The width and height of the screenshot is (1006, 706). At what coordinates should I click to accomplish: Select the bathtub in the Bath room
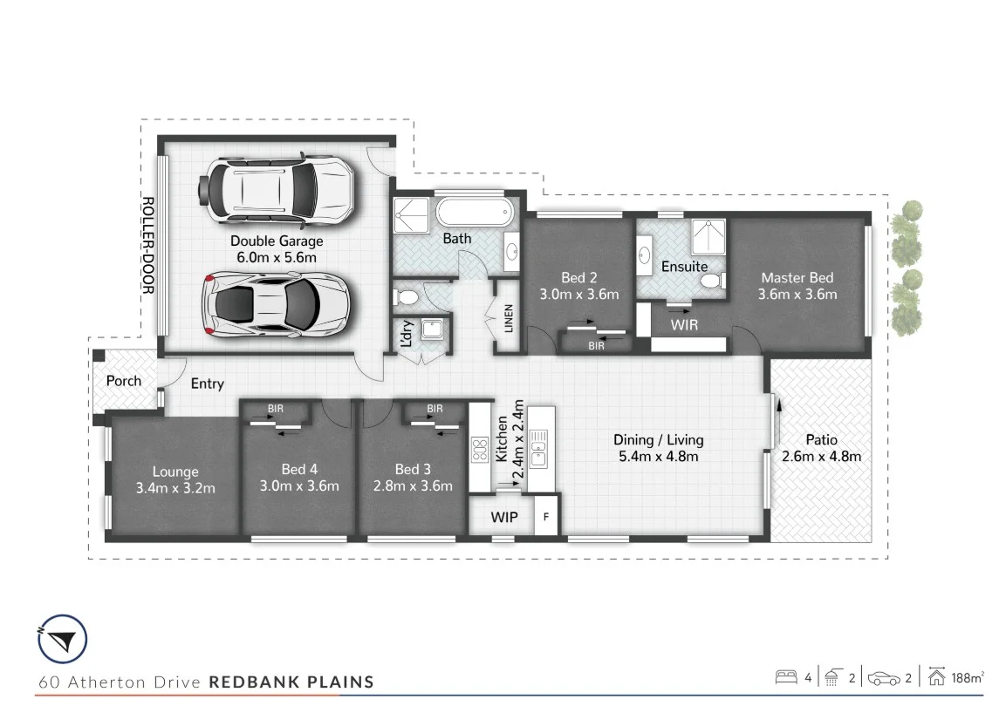point(476,213)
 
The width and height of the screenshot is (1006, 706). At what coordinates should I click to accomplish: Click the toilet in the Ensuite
point(710,280)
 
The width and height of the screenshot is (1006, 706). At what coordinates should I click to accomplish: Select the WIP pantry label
point(504,518)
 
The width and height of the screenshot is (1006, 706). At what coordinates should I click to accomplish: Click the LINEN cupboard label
point(508,318)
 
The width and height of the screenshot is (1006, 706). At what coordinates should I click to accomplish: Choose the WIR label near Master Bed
point(683,324)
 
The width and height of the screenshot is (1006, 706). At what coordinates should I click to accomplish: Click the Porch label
point(124,381)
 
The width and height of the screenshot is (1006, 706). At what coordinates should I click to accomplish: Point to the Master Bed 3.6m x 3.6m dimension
point(797,294)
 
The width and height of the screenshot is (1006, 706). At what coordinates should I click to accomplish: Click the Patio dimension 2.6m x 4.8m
point(819,457)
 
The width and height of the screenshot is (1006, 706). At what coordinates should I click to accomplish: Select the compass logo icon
point(62,641)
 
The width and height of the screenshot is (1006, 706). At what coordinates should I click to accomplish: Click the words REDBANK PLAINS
point(291,682)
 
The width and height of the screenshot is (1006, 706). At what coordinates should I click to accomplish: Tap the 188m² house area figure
point(968,677)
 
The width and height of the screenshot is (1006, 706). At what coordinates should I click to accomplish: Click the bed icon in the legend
point(785,676)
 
